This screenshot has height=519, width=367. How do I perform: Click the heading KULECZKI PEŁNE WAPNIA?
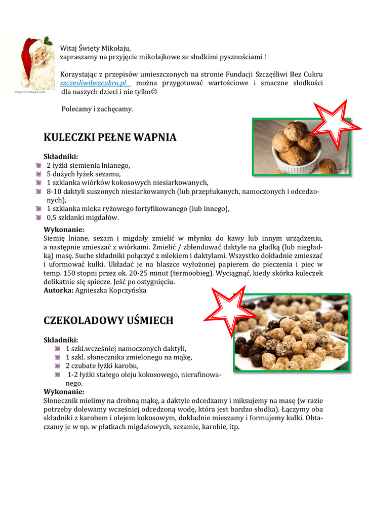[110, 137]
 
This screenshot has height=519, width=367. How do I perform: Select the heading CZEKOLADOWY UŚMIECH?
[108, 320]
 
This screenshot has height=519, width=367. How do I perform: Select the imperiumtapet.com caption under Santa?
[31, 92]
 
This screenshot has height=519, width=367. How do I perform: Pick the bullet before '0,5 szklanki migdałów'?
[38, 217]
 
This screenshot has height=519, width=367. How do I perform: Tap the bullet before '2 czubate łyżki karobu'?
[57, 365]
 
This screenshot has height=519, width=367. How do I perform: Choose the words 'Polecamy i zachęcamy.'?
[97, 109]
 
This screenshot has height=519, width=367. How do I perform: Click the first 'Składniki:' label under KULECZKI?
[61, 156]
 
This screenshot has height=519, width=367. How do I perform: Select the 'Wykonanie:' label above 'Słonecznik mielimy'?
[64, 392]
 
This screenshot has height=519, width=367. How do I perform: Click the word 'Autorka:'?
[59, 290]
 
